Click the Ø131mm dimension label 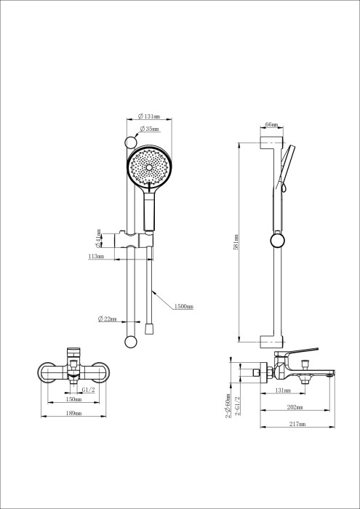click(x=151, y=116)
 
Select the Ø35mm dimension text click(x=151, y=129)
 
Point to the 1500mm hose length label click(x=184, y=307)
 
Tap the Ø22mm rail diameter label click(x=108, y=319)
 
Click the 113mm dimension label click(x=96, y=256)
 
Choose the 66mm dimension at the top click(x=271, y=126)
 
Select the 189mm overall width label click(x=73, y=414)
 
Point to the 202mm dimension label click(x=293, y=407)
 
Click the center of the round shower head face click(x=150, y=168)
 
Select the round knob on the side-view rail click(x=276, y=241)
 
